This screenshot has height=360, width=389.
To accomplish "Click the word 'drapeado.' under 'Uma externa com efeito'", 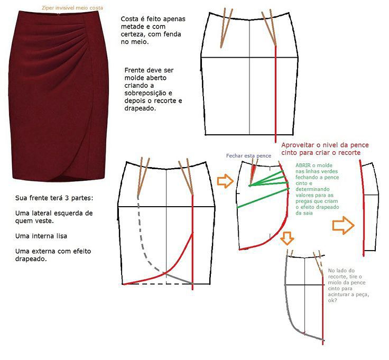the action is click(x=31, y=259).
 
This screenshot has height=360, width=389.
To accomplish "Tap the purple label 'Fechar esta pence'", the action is click(x=248, y=156).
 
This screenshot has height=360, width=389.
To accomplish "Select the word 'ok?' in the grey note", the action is click(x=332, y=300).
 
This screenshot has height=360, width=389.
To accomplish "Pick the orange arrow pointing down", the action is click(x=288, y=238).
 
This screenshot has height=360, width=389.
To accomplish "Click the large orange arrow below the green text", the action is click(x=344, y=225).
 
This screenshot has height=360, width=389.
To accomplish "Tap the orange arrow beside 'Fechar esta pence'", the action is click(x=225, y=181).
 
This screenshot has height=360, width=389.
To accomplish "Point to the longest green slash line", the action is click(x=263, y=198).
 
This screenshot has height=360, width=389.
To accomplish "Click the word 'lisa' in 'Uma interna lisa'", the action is click(x=62, y=236).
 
